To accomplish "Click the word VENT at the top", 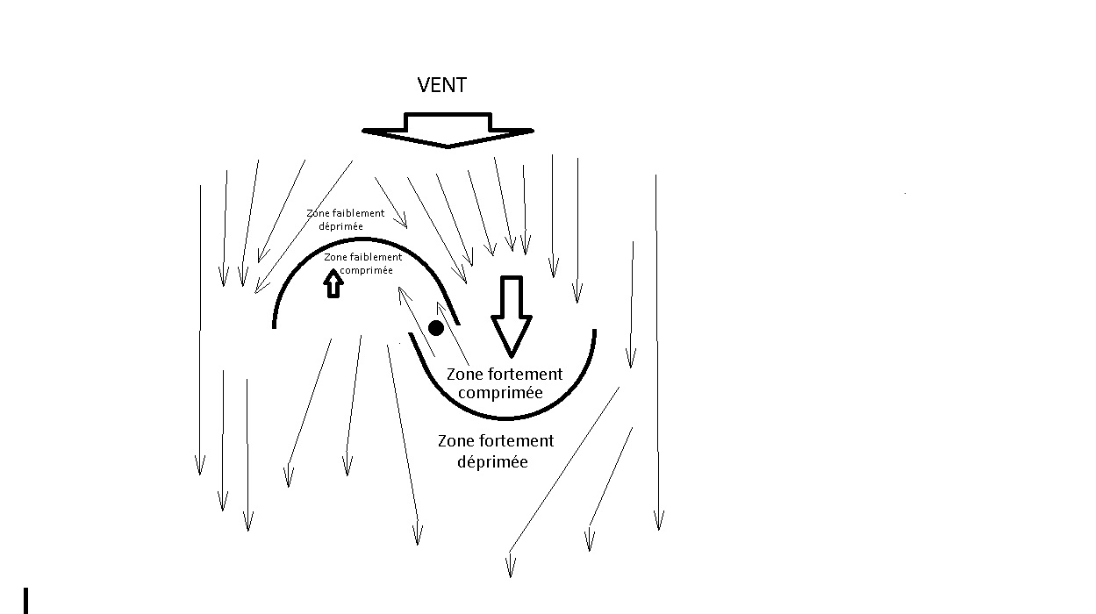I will tap(441, 85).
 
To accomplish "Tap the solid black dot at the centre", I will tap(435, 328).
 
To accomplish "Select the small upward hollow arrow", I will tap(333, 283).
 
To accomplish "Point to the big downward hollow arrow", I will tap(511, 316).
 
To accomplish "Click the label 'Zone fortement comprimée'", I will tap(504, 383).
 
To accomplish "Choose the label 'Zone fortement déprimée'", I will tap(495, 451).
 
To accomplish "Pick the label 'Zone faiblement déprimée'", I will tap(345, 219).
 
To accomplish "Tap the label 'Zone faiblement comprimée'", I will tap(362, 263).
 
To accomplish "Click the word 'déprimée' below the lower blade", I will tap(493, 461).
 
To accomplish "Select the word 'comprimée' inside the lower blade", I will tap(500, 393).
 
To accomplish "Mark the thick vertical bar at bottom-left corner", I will tap(27, 601).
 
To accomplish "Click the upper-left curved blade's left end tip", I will tap(276, 325).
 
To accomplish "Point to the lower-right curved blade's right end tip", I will tap(594, 332).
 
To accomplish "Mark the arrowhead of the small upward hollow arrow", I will tap(333, 275).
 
